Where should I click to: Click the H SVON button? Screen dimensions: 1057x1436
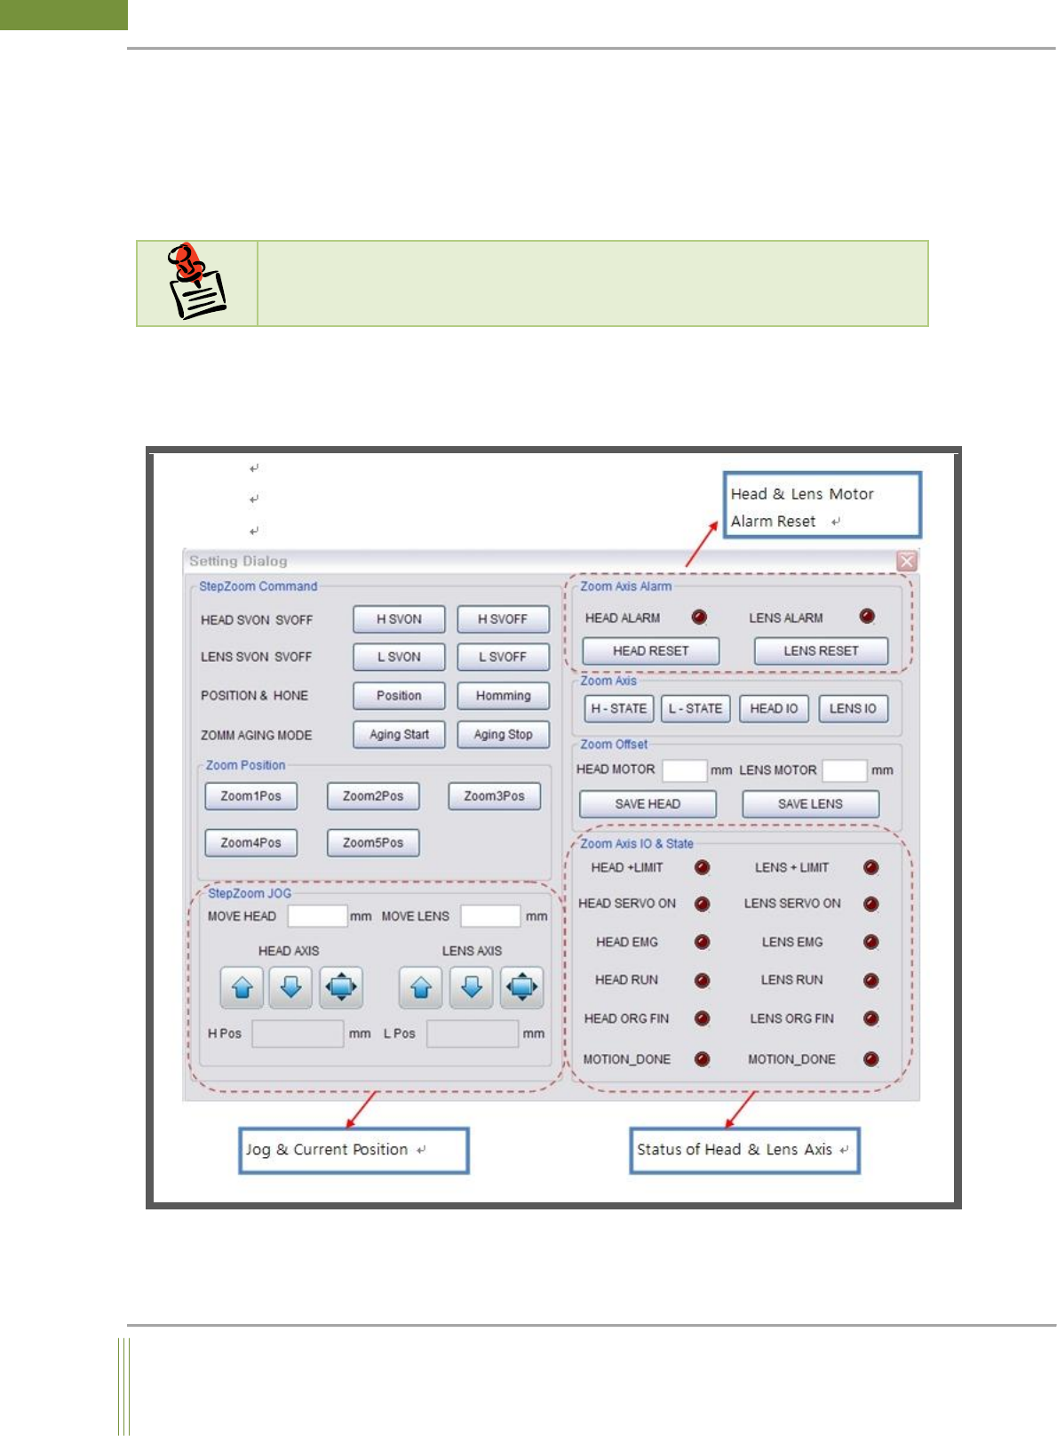point(399,619)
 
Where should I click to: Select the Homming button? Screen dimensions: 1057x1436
point(503,696)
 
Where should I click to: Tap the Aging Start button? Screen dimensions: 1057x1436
point(399,735)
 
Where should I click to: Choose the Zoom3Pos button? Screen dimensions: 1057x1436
point(494,796)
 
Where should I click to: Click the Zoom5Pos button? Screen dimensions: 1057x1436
point(373,842)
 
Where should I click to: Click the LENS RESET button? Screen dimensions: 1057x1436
point(821,651)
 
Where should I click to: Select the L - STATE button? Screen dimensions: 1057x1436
point(695,708)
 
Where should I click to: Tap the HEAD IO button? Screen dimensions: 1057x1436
point(774,708)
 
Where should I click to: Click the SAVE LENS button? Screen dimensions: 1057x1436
point(810,804)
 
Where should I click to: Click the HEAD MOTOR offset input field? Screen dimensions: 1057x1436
point(684,770)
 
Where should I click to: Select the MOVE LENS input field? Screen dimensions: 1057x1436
point(490,916)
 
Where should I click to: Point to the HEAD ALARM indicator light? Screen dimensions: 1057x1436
point(699,617)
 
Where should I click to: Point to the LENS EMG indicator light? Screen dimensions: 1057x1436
point(870,942)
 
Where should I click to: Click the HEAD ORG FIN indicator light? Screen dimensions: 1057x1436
point(702,1018)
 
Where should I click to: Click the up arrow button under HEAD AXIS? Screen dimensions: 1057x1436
point(242,987)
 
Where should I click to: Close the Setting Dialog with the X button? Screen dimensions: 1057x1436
point(906,562)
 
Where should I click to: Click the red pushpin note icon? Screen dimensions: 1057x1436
point(196,282)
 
